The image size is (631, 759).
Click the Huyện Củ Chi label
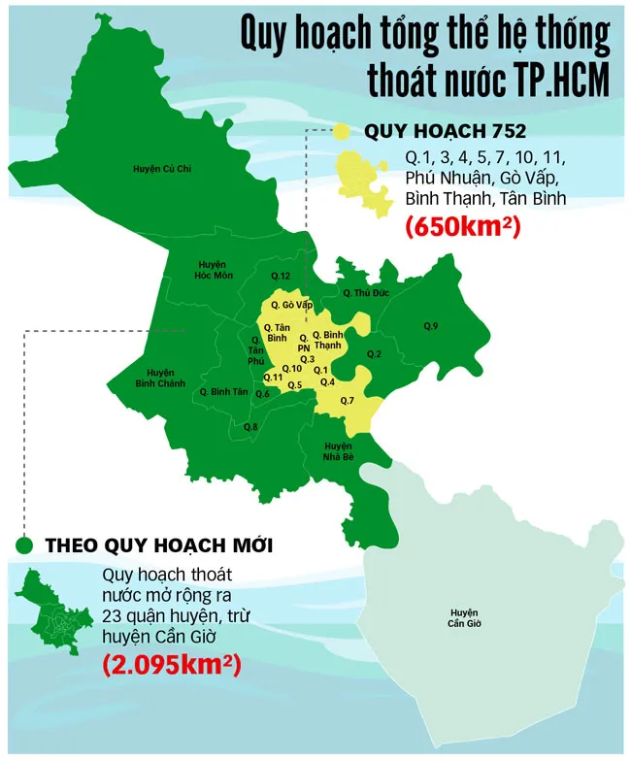[162, 169]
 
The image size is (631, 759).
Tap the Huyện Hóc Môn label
[212, 270]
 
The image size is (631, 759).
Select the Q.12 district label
[281, 277]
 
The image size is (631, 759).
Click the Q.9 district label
[431, 324]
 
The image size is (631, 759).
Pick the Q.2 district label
[374, 353]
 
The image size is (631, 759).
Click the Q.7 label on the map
[349, 400]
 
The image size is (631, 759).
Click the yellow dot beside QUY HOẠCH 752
[342, 132]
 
